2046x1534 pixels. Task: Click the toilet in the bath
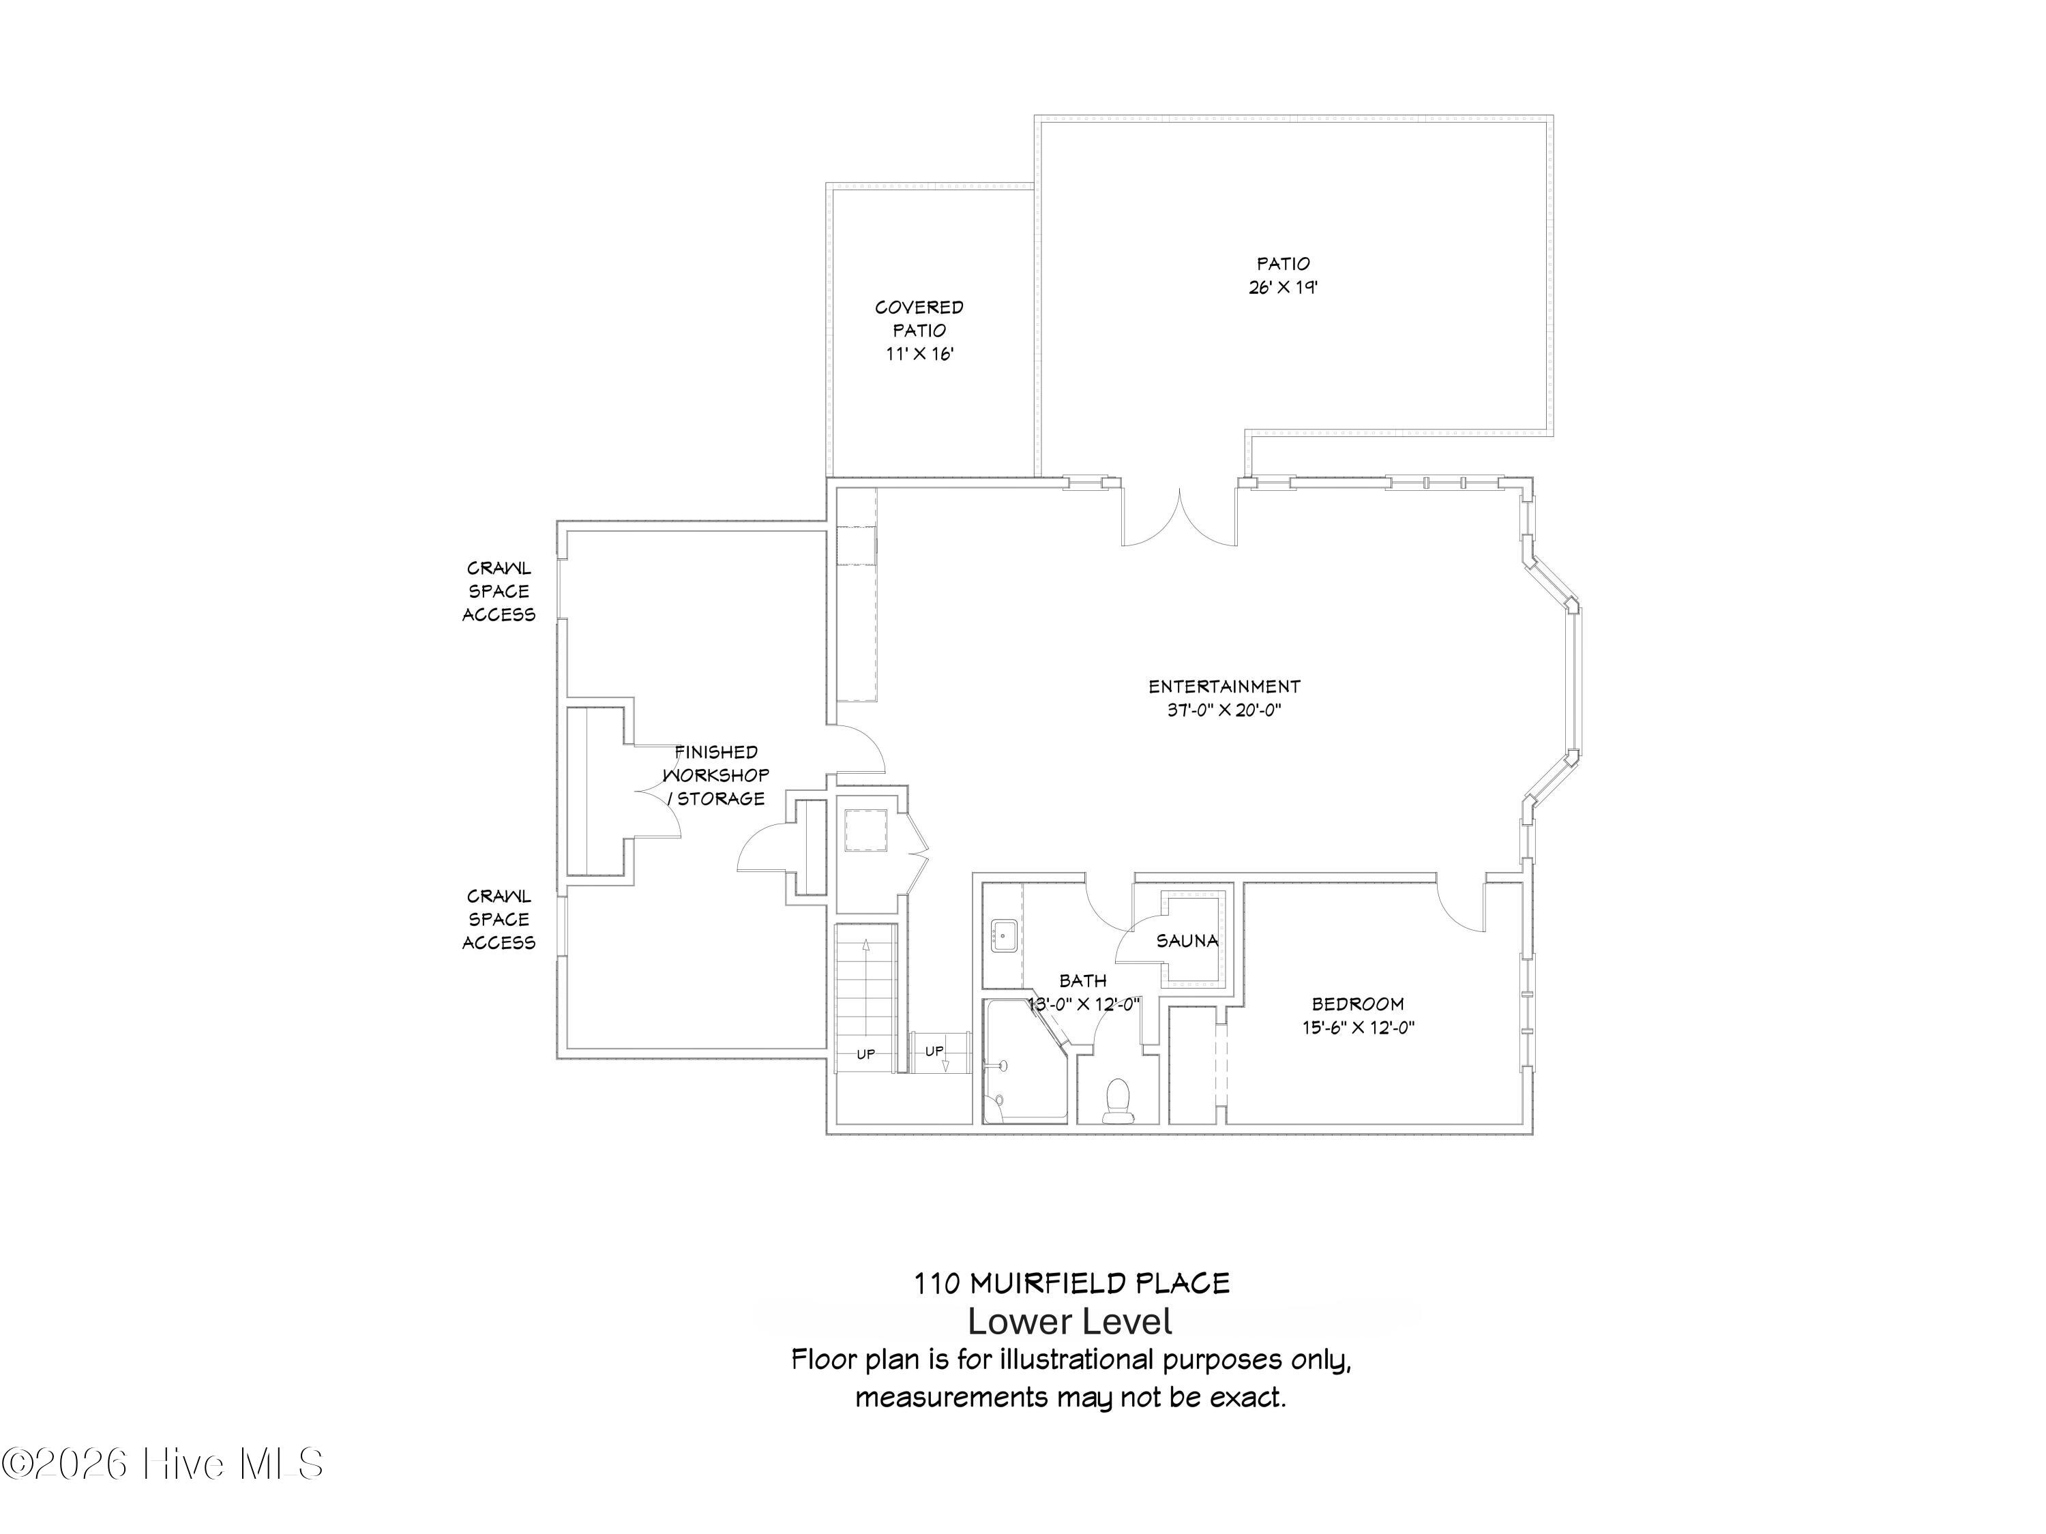1119,1100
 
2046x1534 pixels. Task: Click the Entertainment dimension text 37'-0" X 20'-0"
1224,711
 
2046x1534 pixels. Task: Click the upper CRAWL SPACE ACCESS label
499,592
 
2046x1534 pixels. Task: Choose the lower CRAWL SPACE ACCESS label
499,919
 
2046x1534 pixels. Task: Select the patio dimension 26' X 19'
1283,288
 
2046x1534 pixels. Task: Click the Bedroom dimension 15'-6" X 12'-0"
1358,1027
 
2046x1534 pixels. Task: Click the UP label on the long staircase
865,1054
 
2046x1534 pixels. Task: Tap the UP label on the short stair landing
934,1051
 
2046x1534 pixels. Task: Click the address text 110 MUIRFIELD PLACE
1072,1283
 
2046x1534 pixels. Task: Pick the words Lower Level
1070,1322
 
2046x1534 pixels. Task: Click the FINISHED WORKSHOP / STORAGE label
717,775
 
